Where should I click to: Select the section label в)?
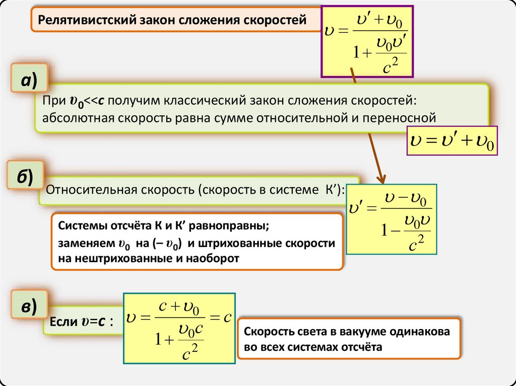click(x=28, y=307)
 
